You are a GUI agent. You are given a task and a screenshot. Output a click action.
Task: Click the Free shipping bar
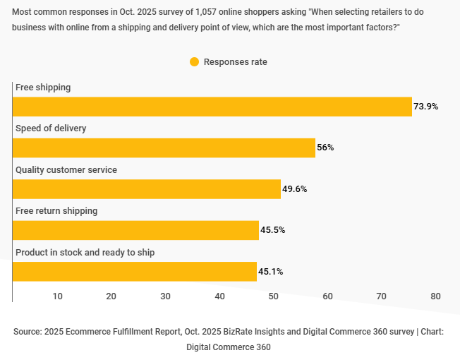(x=212, y=107)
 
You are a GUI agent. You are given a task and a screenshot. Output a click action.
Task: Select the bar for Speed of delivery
(x=164, y=148)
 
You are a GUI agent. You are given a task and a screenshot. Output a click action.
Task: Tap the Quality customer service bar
(x=147, y=189)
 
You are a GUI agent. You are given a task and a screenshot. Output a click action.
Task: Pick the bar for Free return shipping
(x=135, y=230)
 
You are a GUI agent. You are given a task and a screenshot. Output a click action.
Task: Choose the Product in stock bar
(x=134, y=272)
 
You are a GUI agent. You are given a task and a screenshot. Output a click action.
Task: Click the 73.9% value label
(x=426, y=107)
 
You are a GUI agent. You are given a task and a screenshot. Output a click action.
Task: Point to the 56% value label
(x=325, y=148)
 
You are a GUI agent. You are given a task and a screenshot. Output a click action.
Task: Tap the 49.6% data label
(x=295, y=189)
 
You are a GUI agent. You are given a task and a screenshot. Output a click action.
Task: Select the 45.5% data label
(x=273, y=230)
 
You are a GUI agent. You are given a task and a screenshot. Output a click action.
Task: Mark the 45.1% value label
(x=271, y=272)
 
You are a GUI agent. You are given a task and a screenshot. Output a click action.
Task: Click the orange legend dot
(x=194, y=61)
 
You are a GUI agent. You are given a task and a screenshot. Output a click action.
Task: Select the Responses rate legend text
(x=235, y=61)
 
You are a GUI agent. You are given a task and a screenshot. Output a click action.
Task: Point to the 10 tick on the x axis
(x=57, y=296)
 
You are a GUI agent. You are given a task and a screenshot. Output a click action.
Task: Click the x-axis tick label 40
(x=219, y=296)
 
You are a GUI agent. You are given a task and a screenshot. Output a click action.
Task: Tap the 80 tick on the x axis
(x=435, y=296)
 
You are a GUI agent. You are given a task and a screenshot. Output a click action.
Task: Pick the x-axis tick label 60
(x=327, y=296)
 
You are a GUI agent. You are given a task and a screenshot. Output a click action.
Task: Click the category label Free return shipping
(x=56, y=211)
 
